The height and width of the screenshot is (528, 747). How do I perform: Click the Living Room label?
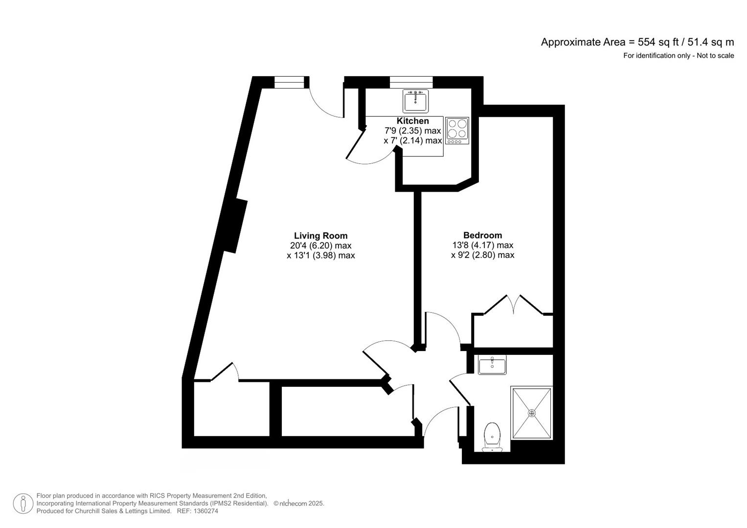point(320,236)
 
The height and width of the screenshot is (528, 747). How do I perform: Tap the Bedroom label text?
point(482,235)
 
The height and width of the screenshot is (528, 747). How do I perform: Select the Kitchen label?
point(412,121)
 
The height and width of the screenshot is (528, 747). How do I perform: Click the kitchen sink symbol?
point(415,101)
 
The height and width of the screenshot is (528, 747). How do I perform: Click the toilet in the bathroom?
point(492,436)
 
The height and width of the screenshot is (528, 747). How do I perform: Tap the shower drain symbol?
point(532,413)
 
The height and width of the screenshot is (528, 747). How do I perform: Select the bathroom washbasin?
point(492,365)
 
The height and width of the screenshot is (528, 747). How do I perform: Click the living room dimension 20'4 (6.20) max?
point(320,245)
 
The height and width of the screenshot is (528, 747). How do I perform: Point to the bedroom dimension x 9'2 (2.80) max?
point(482,255)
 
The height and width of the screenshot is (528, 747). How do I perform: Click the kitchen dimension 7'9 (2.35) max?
point(412,131)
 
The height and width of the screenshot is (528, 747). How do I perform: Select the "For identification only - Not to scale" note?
point(678,56)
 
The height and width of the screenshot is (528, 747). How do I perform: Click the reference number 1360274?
point(205,511)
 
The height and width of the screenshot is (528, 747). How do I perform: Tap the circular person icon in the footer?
point(23,504)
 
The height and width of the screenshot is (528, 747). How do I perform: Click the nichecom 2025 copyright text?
point(299,504)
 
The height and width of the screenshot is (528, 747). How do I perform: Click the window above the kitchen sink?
point(411,82)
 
